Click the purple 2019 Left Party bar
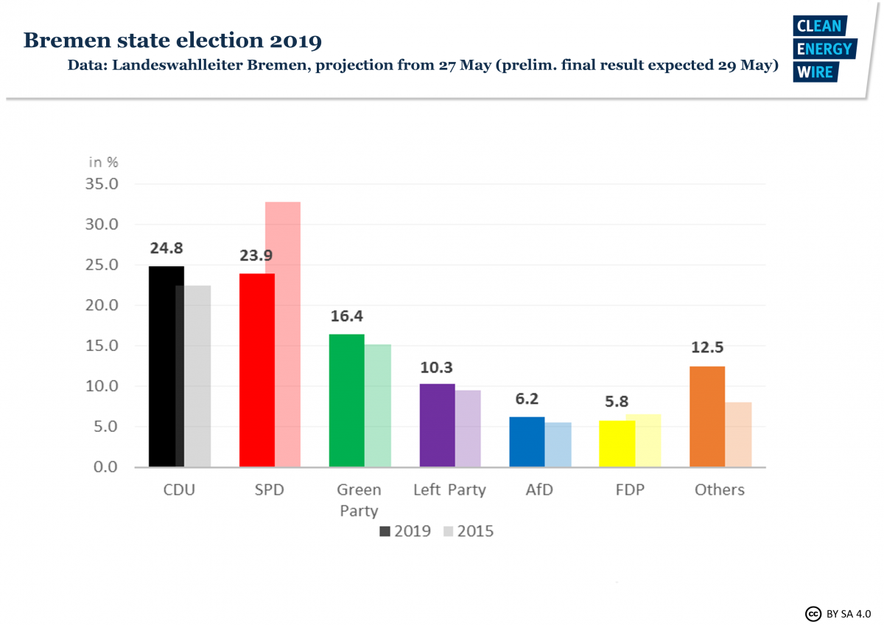(437, 425)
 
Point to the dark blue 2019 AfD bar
(527, 441)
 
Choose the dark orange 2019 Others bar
(707, 416)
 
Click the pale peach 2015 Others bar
(738, 434)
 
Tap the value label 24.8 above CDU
(166, 248)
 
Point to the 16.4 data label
(346, 316)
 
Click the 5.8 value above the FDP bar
(617, 402)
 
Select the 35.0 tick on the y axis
(100, 184)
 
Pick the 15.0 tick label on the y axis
(100, 346)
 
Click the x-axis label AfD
(539, 490)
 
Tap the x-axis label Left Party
(449, 490)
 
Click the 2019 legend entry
(404, 531)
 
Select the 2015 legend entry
(469, 531)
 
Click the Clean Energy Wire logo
(823, 49)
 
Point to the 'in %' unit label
(103, 162)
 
